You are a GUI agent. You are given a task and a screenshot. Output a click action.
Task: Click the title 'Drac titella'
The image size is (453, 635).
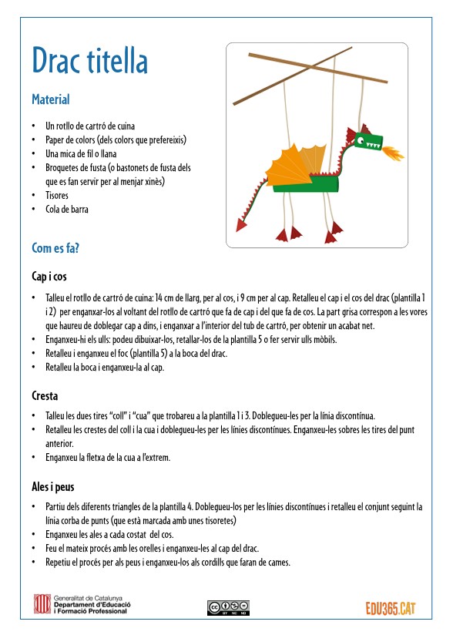(x=89, y=60)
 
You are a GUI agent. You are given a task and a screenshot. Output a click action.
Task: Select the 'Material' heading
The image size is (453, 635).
(x=51, y=99)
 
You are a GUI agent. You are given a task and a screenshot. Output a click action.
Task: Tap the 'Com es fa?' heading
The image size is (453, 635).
(x=55, y=248)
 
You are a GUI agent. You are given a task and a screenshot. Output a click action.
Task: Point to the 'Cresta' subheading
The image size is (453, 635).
(x=45, y=395)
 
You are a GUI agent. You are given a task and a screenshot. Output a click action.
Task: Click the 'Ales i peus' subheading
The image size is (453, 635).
(x=53, y=487)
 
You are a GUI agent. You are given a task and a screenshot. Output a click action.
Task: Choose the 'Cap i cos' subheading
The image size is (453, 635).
(x=49, y=277)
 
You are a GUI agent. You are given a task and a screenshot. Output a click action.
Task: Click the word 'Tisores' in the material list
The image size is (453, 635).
(x=57, y=195)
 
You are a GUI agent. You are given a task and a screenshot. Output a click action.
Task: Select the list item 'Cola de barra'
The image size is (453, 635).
(x=67, y=210)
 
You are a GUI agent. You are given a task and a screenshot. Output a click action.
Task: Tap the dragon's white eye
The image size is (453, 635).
(x=361, y=141)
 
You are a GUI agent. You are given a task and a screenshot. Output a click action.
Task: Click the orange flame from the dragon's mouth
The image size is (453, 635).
(x=391, y=153)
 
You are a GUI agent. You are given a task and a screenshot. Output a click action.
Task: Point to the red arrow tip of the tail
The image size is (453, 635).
(x=241, y=224)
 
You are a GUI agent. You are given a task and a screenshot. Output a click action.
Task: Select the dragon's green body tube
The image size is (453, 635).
(x=306, y=183)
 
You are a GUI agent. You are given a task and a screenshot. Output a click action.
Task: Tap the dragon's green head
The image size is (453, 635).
(x=368, y=142)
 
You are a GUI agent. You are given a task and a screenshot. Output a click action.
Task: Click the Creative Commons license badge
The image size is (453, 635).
(x=228, y=608)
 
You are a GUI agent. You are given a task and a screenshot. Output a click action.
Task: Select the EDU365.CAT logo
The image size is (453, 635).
(x=391, y=608)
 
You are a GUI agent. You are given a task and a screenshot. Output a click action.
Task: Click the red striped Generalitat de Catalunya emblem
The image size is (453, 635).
(x=42, y=604)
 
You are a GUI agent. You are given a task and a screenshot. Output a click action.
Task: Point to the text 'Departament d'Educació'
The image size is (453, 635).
(x=92, y=605)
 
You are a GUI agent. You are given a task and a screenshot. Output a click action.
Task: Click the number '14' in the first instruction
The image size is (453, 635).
(x=159, y=298)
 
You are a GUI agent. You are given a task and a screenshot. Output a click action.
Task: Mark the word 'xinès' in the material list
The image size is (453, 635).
(x=154, y=181)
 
